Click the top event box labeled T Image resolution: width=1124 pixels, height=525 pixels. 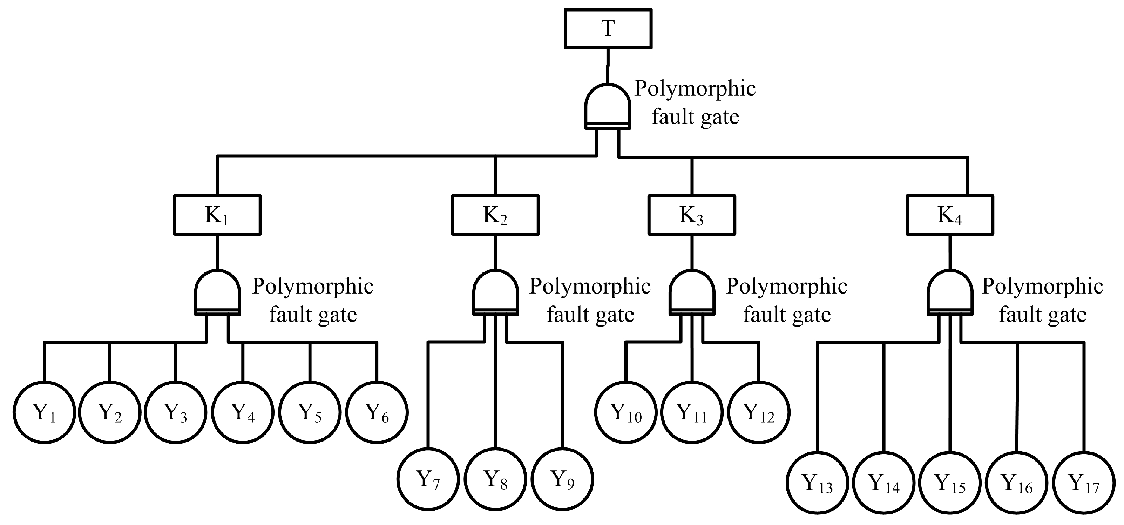click(x=608, y=29)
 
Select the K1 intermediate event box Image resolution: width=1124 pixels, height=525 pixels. click(x=217, y=215)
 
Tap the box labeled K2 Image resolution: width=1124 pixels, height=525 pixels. click(x=495, y=215)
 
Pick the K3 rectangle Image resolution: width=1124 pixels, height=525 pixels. click(x=692, y=215)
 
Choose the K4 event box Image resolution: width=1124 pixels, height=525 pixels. click(x=950, y=215)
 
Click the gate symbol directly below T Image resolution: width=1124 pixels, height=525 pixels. click(x=607, y=107)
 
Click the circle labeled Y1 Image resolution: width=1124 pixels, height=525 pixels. click(x=44, y=412)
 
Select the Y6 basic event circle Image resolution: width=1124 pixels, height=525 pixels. click(x=377, y=412)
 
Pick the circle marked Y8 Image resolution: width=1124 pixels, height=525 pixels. click(x=495, y=479)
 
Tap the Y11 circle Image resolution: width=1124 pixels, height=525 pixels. click(x=692, y=412)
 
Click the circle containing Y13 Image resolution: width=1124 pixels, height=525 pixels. click(x=818, y=483)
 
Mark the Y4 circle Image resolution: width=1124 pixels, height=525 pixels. click(x=243, y=412)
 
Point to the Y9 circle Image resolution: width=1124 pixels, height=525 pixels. click(x=562, y=479)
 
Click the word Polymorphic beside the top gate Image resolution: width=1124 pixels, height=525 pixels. click(x=695, y=89)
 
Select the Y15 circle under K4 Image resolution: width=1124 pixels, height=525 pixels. click(x=950, y=483)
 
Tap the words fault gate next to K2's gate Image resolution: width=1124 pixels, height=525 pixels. click(x=590, y=315)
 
